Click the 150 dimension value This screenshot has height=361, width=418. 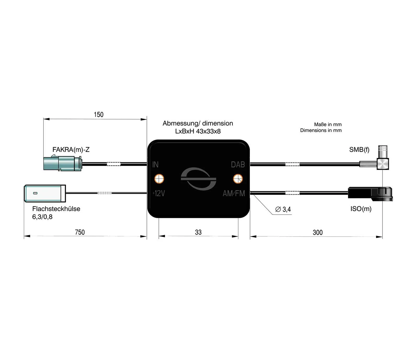[98, 115]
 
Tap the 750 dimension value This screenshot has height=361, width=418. [80, 232]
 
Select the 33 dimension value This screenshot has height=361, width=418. [198, 232]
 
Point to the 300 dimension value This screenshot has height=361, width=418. [317, 232]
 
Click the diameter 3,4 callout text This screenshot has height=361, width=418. [283, 209]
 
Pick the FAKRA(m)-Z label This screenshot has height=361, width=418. [71, 149]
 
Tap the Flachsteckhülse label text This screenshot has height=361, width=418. [56, 209]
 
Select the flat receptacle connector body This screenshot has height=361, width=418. [45, 193]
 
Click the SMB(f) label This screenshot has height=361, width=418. [359, 149]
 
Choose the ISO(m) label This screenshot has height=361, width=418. [361, 209]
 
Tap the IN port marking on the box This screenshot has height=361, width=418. [155, 165]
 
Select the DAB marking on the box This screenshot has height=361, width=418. [238, 165]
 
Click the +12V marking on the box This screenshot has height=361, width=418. [159, 193]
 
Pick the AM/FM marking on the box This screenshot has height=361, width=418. [234, 193]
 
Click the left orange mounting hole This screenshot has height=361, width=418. [159, 179]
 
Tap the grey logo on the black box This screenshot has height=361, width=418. [198, 179]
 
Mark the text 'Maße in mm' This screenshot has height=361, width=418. [328, 124]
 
